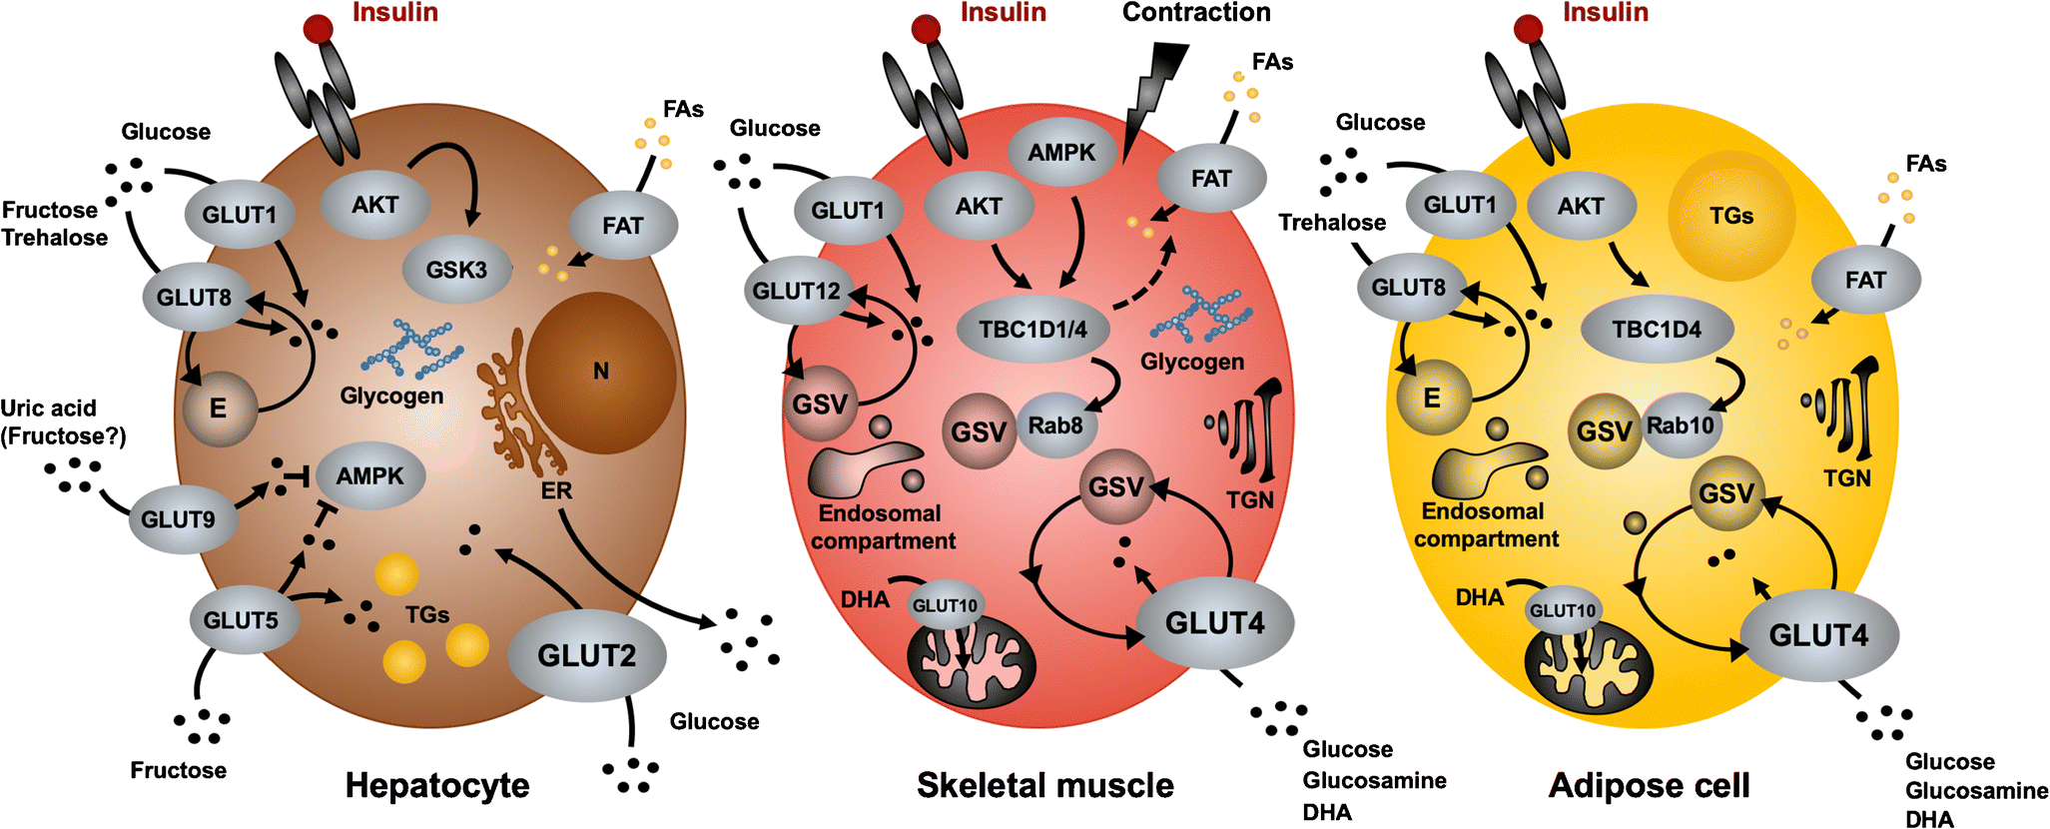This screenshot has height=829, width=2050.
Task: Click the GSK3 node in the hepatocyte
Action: tap(456, 270)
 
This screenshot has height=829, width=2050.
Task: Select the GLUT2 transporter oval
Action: tap(586, 655)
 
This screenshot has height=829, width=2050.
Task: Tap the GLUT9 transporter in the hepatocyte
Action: tap(178, 519)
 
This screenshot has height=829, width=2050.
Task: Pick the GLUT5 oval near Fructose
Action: tap(241, 620)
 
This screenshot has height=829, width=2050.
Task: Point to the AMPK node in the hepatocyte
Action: tap(369, 476)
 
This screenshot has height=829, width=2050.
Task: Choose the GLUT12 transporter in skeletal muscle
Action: tap(797, 291)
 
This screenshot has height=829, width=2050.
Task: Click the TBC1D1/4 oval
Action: tap(1032, 329)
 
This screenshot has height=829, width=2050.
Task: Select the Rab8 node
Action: tap(1056, 425)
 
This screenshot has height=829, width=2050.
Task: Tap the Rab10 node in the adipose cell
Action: tap(1680, 425)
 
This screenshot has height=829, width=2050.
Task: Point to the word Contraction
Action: tap(1196, 13)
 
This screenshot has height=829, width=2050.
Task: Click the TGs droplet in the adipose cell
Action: tap(1731, 216)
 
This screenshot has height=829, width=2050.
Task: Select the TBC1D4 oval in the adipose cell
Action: tap(1657, 329)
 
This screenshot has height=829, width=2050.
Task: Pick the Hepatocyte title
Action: tap(437, 785)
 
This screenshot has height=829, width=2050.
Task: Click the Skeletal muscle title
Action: tap(1045, 785)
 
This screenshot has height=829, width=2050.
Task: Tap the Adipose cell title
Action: tap(1649, 785)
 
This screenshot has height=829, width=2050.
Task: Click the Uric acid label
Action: tap(48, 409)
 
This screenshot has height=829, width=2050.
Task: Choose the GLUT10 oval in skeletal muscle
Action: tap(945, 605)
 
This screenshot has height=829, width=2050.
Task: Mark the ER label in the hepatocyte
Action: tap(556, 490)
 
